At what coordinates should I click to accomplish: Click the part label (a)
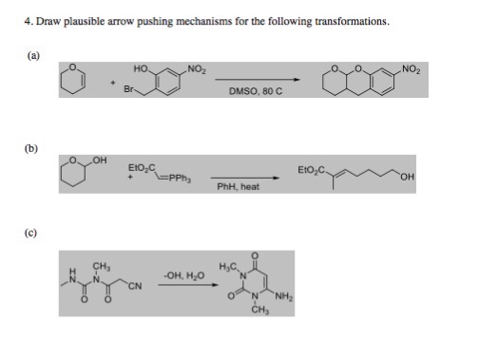[x=33, y=56]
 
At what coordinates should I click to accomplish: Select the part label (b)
[x=33, y=150]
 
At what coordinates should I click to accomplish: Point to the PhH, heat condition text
[x=238, y=188]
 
